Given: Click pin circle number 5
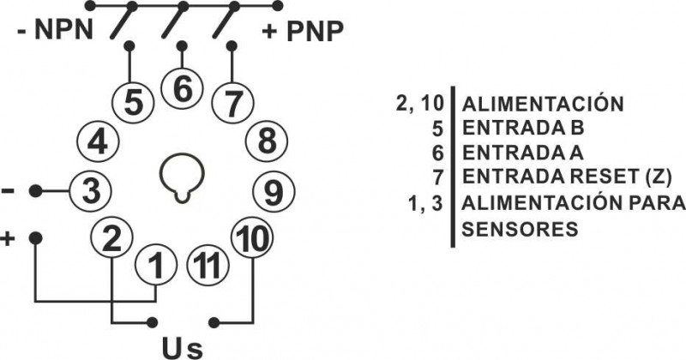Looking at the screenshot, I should pos(133,101).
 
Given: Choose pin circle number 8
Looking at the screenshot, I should pos(267,140).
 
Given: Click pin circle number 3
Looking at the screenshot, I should pos(90,191).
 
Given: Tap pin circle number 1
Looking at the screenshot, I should pos(155,267).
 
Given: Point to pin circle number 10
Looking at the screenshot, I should pos(251,239).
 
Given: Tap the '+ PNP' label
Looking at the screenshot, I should pos(303,33).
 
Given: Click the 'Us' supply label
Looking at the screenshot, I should pos(184,346).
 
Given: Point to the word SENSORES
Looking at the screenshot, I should pos(519,230).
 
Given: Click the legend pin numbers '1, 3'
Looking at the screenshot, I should pos(432,204).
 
